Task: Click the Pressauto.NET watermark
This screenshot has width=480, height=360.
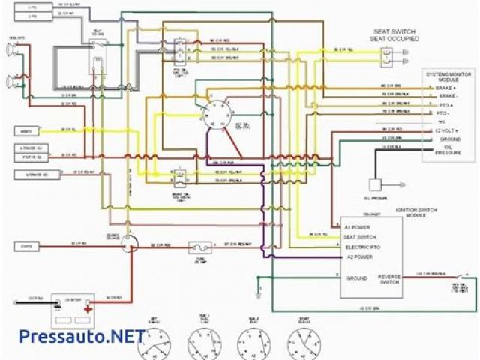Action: [x=71, y=335]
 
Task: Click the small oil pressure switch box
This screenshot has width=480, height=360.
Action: [x=376, y=184]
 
